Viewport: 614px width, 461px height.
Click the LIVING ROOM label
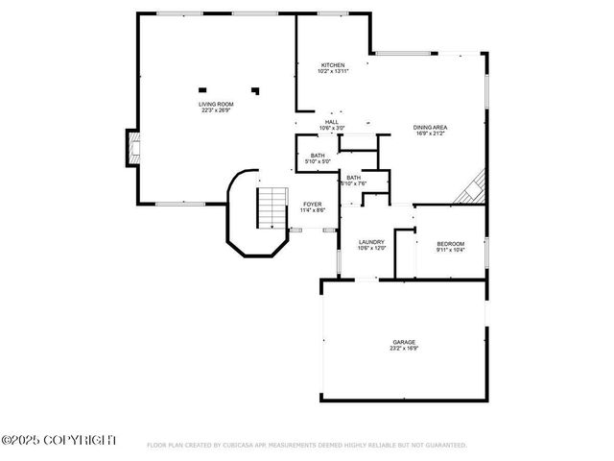coord(216,104)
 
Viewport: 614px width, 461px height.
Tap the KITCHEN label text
coord(333,64)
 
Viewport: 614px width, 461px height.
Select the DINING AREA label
coord(431,128)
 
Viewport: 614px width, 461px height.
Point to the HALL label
coord(332,122)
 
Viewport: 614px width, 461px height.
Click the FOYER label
coord(313,204)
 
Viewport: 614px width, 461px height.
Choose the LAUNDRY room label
coord(371,242)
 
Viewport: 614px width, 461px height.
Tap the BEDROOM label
coord(450,244)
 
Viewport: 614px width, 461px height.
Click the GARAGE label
coord(403,342)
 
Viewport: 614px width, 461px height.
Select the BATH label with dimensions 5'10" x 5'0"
coord(318,156)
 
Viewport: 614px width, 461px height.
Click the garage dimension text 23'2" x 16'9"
coord(403,349)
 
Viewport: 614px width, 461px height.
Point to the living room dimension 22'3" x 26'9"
coord(216,110)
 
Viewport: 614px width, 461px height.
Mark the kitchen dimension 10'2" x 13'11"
coord(333,71)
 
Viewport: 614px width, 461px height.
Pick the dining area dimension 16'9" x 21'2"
coord(431,133)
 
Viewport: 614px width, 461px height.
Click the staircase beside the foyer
coord(272,207)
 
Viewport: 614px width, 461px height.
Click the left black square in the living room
coord(202,89)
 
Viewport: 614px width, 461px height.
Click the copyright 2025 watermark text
coord(59,440)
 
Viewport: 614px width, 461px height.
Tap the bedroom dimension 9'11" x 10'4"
coord(450,251)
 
